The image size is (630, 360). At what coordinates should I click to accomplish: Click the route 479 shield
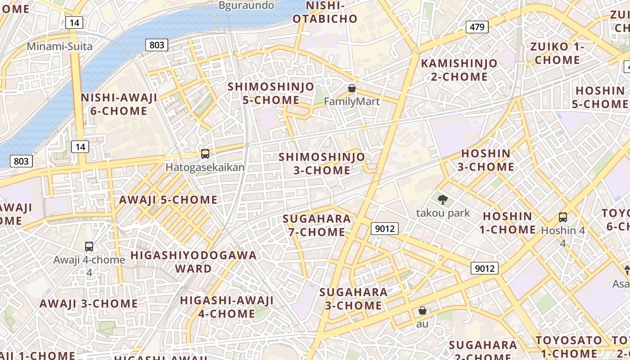(x=477, y=27)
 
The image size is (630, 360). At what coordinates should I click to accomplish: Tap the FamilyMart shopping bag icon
(x=352, y=89)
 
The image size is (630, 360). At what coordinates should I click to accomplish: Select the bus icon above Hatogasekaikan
(x=205, y=154)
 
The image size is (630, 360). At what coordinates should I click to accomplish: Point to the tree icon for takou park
(x=443, y=199)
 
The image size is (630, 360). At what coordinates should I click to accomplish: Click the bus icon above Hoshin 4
(x=562, y=217)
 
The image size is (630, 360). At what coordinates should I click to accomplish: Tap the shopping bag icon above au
(x=423, y=310)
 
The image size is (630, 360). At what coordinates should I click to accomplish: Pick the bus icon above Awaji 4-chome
(x=89, y=247)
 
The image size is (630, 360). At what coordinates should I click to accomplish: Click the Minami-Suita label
(x=60, y=46)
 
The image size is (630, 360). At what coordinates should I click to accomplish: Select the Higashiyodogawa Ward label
(x=193, y=262)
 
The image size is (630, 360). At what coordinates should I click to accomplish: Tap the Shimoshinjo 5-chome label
(x=271, y=93)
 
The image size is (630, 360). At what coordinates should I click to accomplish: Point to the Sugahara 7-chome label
(x=317, y=225)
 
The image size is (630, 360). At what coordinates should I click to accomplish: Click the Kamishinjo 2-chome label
(x=459, y=70)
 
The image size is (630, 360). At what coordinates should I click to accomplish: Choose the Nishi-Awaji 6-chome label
(x=119, y=104)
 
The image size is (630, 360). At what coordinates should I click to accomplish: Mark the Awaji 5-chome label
(x=168, y=200)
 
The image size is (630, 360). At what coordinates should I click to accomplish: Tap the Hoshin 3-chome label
(x=486, y=160)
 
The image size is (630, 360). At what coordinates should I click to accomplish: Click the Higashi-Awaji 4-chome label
(x=227, y=307)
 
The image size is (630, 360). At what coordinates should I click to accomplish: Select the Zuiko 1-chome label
(x=557, y=53)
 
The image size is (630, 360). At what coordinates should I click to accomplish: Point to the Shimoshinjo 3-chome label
(x=322, y=164)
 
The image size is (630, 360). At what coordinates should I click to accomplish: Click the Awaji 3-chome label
(x=89, y=303)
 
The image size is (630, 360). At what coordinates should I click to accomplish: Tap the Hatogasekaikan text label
(x=205, y=167)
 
